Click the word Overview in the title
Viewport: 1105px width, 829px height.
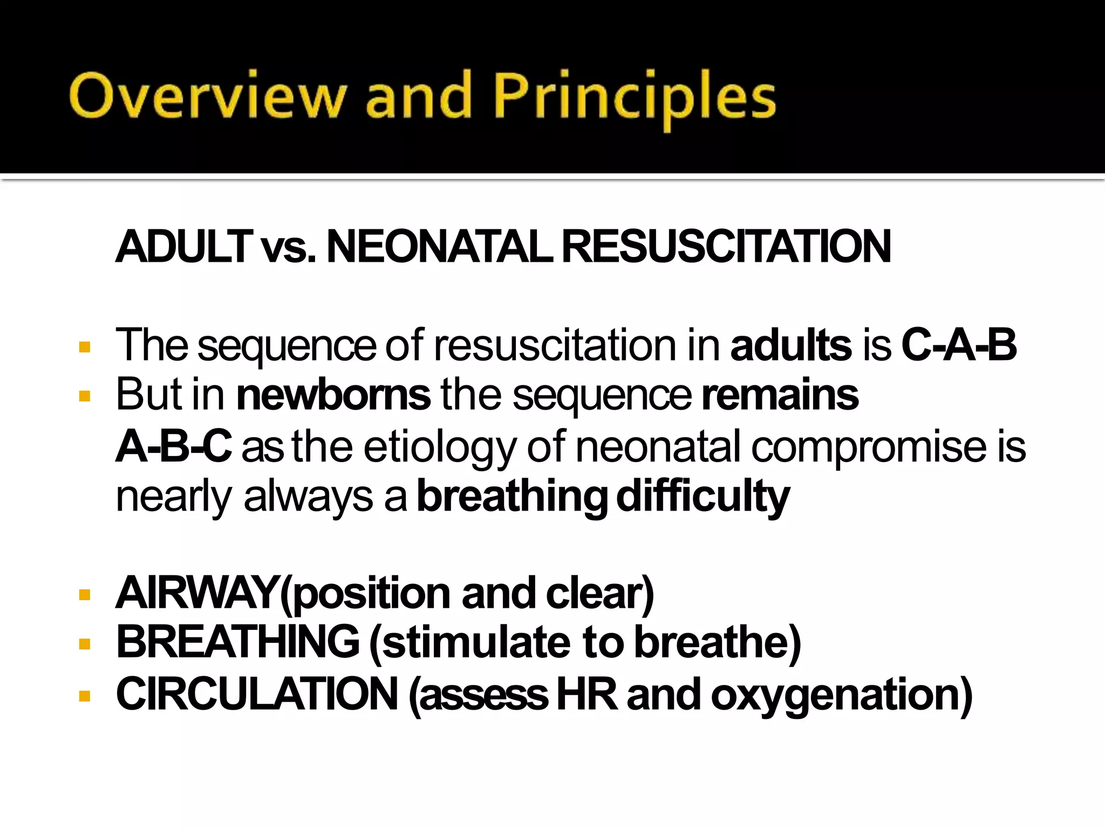pyautogui.click(x=208, y=96)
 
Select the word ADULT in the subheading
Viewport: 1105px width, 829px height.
pyautogui.click(x=184, y=247)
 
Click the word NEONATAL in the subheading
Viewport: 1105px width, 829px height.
pyautogui.click(x=440, y=247)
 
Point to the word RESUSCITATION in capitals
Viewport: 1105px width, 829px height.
pyautogui.click(x=726, y=247)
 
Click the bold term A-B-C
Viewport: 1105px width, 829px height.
pyautogui.click(x=174, y=446)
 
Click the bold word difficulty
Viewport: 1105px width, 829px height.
pyautogui.click(x=702, y=497)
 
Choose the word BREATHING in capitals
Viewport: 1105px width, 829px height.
pyautogui.click(x=238, y=642)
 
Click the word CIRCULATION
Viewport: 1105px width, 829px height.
pyautogui.click(x=257, y=694)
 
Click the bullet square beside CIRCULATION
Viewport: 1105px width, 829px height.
pyautogui.click(x=84, y=696)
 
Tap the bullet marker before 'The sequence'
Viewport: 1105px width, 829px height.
pyautogui.click(x=84, y=346)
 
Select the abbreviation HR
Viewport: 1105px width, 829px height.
pyautogui.click(x=587, y=694)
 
